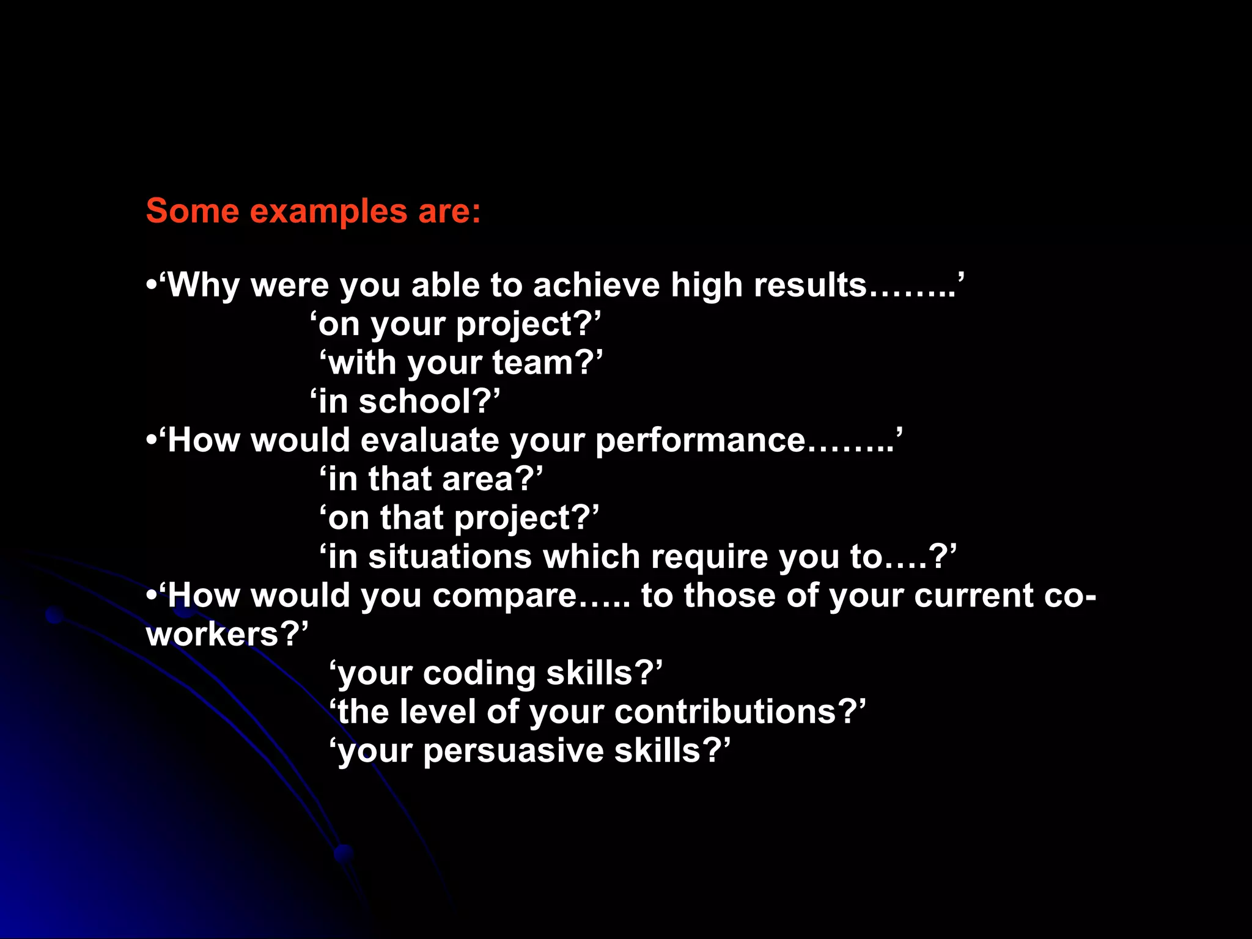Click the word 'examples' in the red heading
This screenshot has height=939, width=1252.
[328, 212]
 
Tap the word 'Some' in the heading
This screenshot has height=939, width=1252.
[192, 211]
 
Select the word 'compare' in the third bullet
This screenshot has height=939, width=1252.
[504, 597]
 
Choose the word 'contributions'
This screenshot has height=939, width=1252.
[724, 712]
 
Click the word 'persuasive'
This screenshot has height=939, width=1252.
[513, 751]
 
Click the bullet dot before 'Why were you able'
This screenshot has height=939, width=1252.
[152, 285]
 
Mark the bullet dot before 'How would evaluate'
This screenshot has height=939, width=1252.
[152, 441]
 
